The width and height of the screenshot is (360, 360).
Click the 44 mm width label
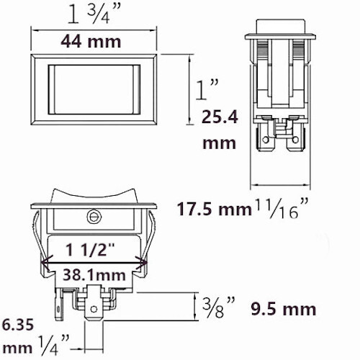[91, 42]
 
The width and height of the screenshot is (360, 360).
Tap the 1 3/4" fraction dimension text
[94, 15]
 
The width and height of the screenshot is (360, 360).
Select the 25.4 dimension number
[220, 117]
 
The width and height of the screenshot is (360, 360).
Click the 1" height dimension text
[207, 90]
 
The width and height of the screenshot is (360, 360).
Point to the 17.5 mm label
[214, 210]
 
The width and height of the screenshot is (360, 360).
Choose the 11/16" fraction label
[281, 208]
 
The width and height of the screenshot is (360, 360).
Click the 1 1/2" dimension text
[91, 250]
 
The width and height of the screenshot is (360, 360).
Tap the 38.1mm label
[94, 275]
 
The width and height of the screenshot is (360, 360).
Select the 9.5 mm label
[284, 309]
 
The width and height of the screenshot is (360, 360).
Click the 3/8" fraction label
[218, 307]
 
